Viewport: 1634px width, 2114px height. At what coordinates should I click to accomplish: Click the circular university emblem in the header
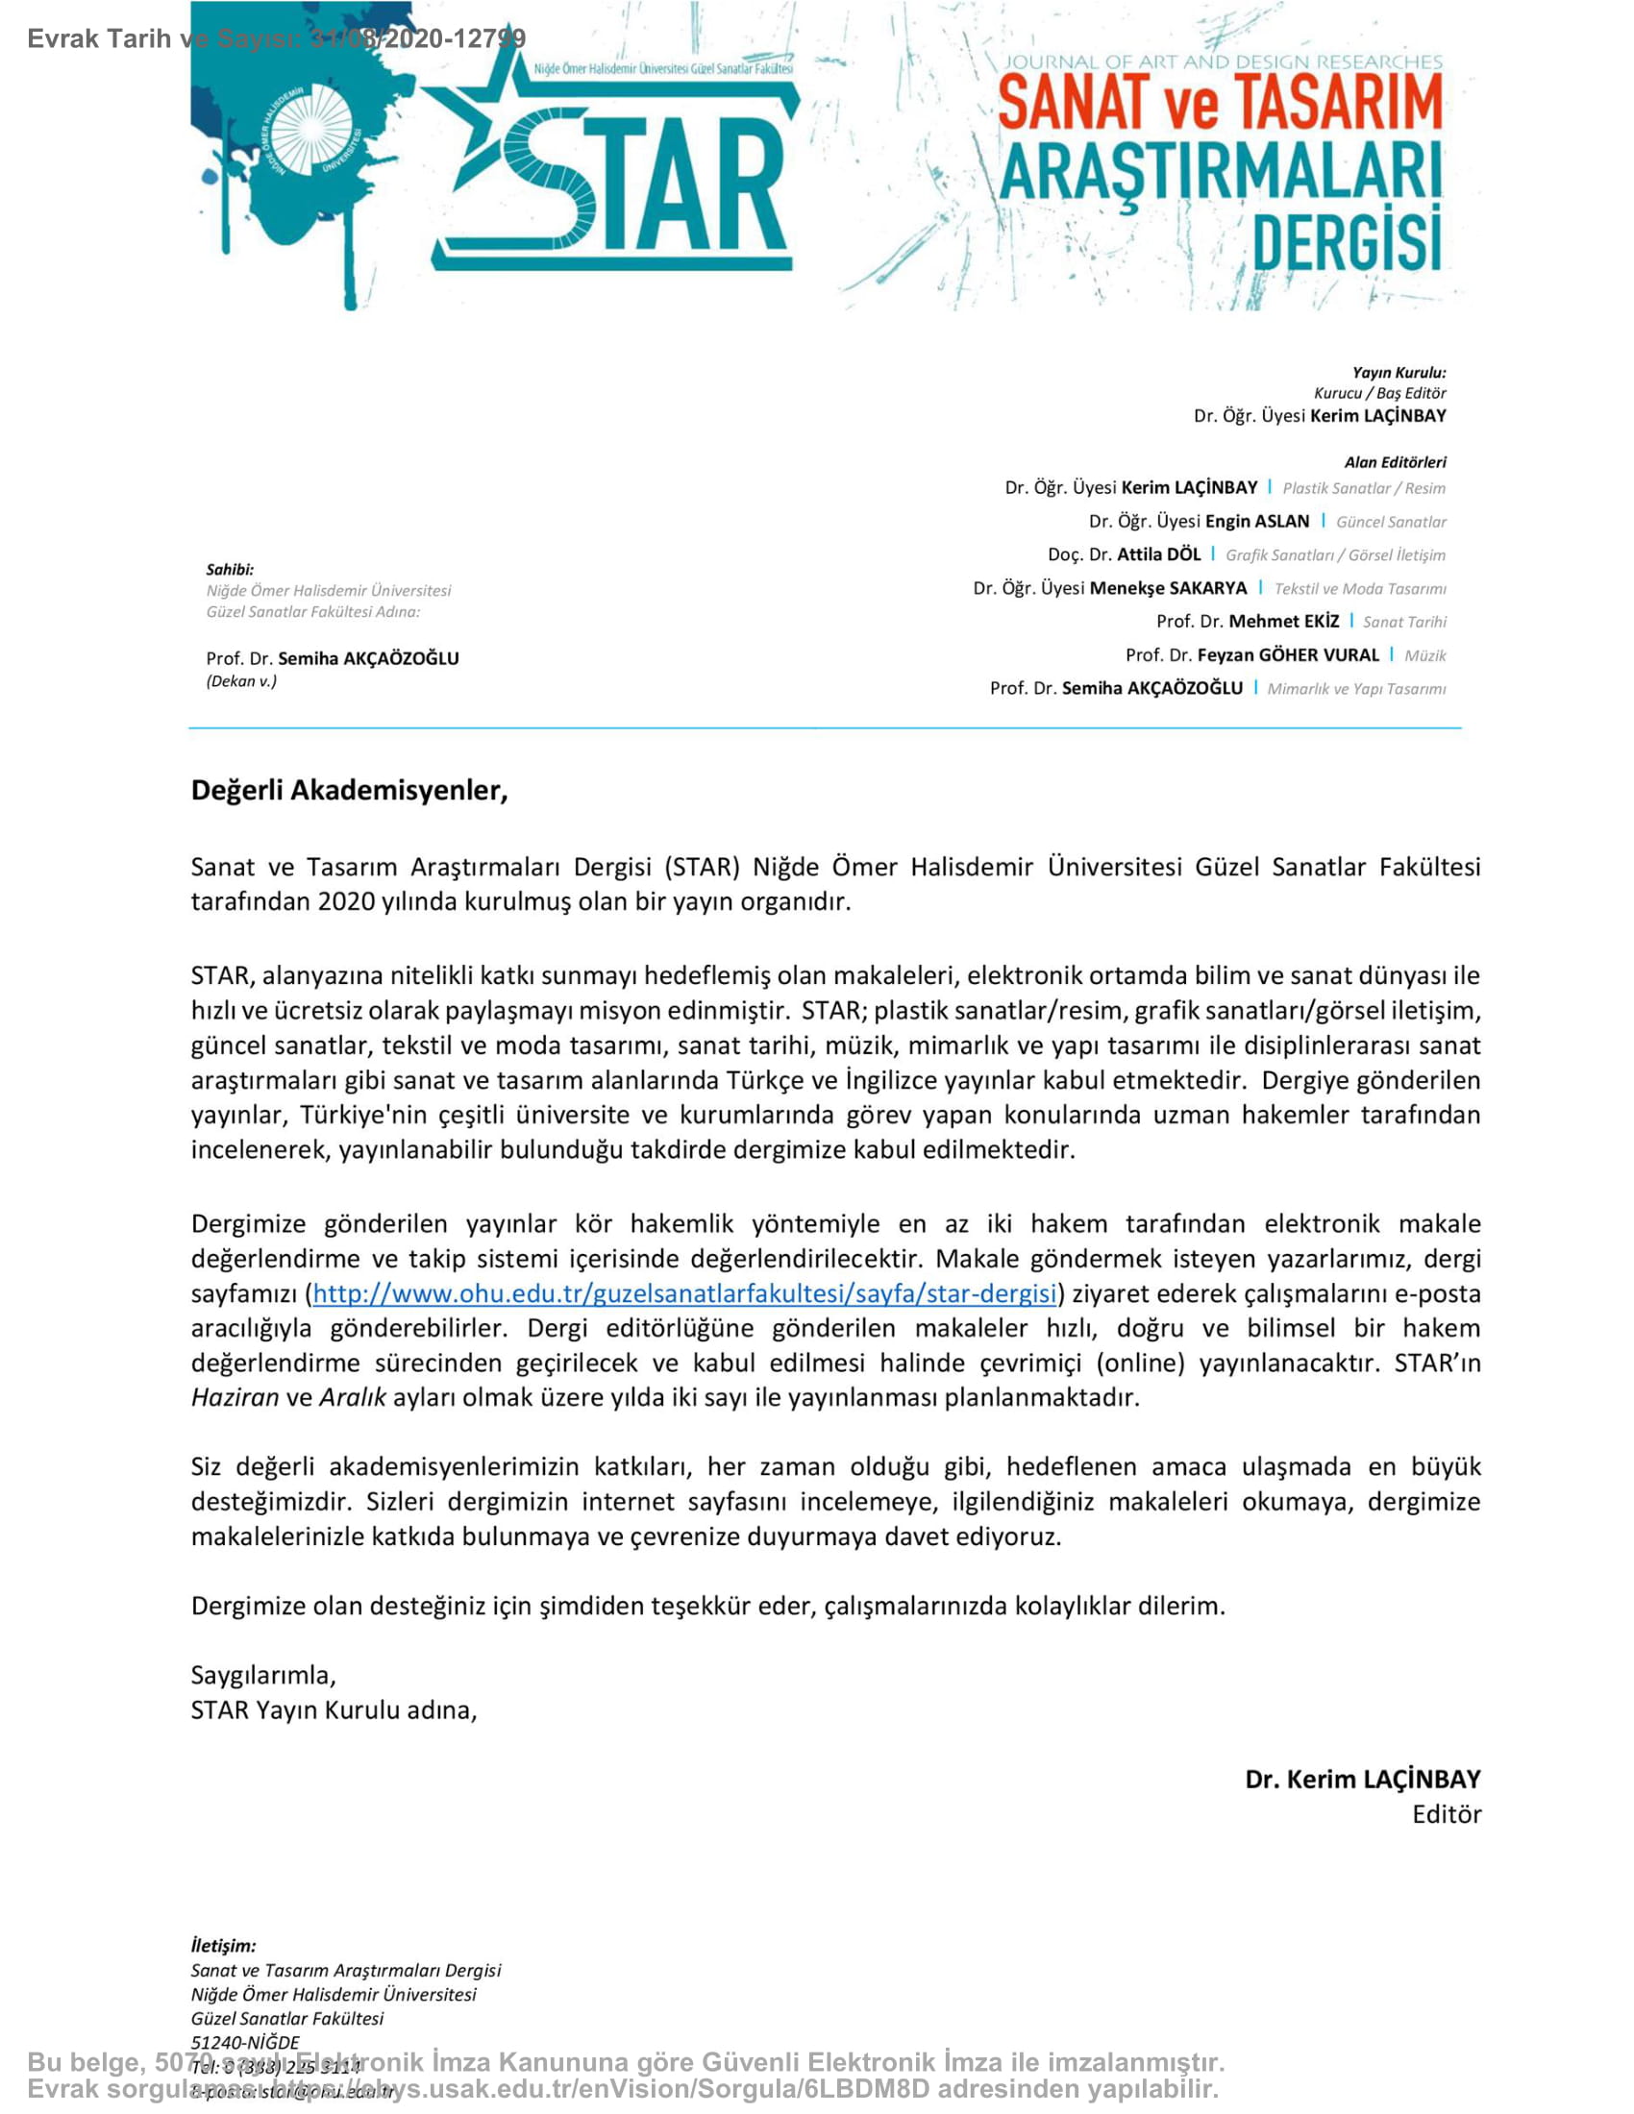tap(309, 132)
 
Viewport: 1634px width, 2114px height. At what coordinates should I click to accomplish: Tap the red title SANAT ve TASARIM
tap(1220, 103)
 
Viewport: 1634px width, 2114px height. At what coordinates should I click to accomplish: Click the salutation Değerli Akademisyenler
tap(349, 791)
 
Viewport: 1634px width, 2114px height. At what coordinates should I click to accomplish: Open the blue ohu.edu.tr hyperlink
tap(683, 1293)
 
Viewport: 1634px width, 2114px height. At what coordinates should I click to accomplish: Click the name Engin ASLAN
tap(1256, 522)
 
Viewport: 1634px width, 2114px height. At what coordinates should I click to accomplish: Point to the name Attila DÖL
tap(1159, 554)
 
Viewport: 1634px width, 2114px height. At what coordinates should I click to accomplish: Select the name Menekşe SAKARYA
tap(1169, 588)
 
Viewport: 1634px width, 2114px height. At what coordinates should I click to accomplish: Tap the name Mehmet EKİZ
tap(1283, 622)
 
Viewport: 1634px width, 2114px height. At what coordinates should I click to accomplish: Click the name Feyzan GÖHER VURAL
tap(1287, 655)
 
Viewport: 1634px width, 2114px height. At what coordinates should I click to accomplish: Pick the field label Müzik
tap(1424, 656)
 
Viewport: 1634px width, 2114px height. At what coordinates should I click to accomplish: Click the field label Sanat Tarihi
tap(1404, 623)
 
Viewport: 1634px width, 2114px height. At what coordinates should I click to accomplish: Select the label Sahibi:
tap(230, 569)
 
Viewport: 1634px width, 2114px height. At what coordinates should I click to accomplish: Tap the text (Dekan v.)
tap(241, 681)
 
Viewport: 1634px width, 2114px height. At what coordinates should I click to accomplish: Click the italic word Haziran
tap(235, 1397)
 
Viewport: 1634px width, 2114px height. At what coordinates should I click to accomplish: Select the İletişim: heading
tap(224, 1938)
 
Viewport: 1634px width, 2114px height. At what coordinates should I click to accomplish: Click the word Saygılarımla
tap(263, 1675)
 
